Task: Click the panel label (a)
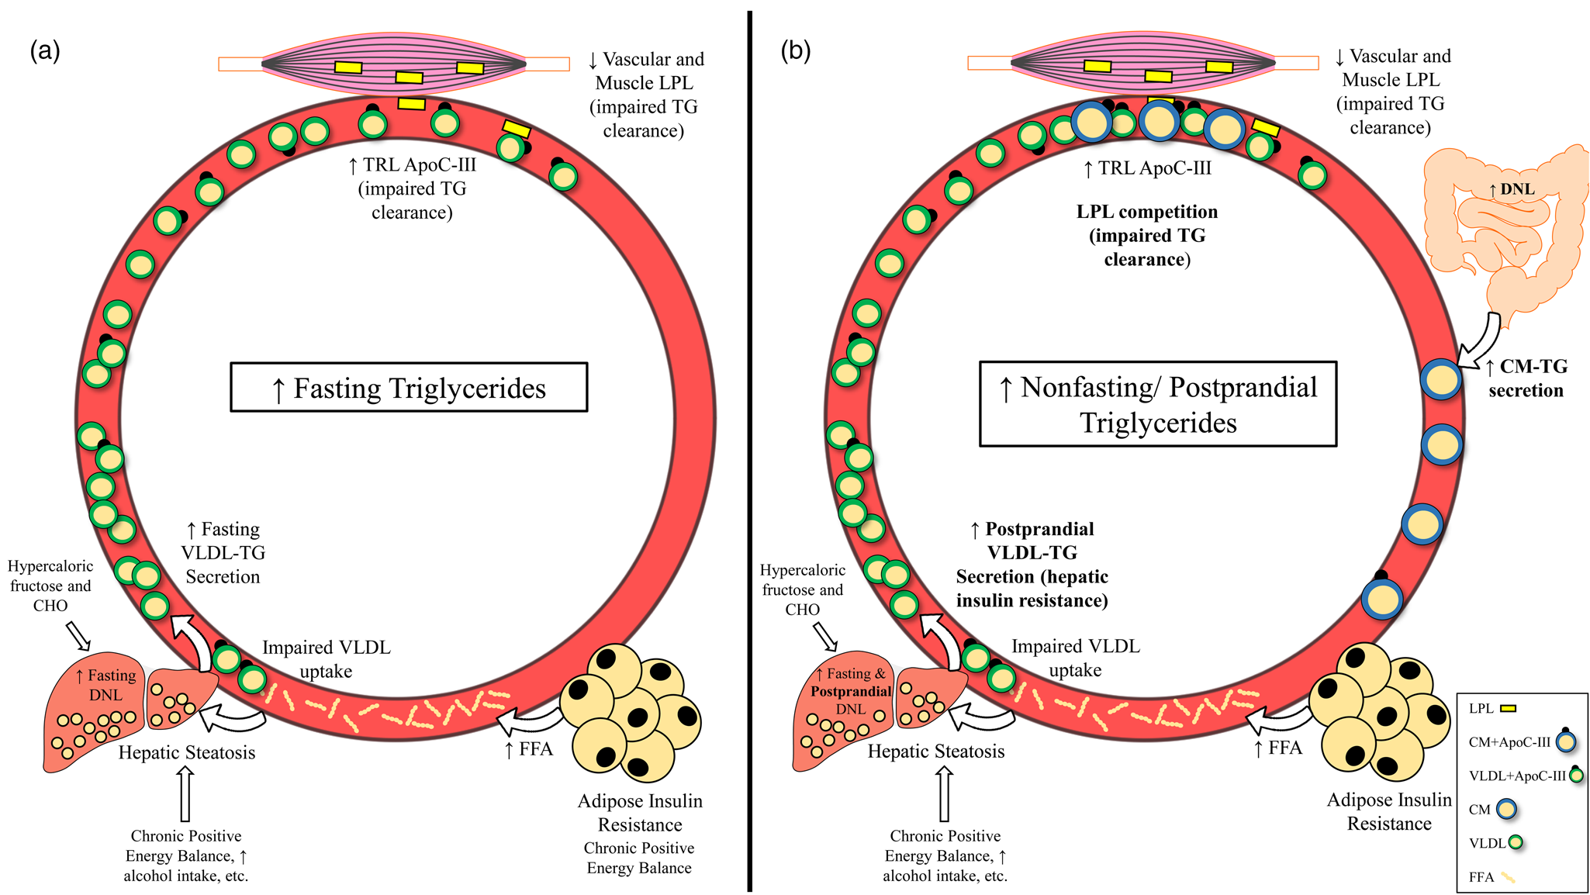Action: pos(44,51)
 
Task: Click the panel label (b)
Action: pos(795,51)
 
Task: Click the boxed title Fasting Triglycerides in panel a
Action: pos(409,388)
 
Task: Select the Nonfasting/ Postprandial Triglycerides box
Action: pos(1158,404)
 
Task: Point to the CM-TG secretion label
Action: pos(1526,378)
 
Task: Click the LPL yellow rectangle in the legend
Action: pos(1508,708)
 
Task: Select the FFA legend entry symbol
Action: pos(1507,877)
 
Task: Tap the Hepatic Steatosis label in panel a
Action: pos(186,752)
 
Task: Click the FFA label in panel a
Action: pos(529,749)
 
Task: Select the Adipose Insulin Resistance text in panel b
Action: pos(1388,811)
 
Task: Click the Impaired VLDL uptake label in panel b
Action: pos(1075,658)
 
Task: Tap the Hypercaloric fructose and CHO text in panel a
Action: pos(50,586)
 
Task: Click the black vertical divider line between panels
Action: pos(750,450)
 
